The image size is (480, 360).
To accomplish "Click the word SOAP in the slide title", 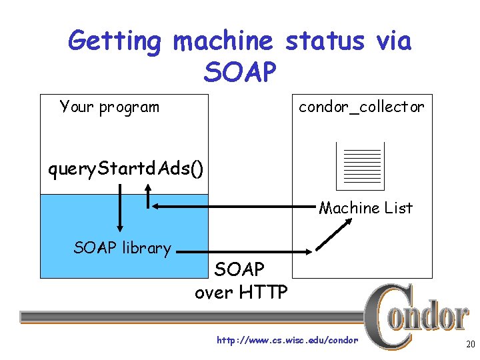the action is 240,71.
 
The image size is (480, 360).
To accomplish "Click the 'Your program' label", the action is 109,107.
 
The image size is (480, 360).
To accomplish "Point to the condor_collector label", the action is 361,107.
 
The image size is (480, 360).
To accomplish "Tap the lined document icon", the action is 360,166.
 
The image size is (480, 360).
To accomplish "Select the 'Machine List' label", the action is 366,208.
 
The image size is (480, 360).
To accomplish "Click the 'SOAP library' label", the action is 123,248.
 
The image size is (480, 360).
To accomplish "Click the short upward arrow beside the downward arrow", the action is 149,194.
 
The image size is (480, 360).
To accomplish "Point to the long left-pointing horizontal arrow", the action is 233,207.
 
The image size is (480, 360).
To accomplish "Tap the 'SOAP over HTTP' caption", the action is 241,281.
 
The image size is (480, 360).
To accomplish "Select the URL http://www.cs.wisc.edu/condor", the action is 288,341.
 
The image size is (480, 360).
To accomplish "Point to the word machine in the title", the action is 223,41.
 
